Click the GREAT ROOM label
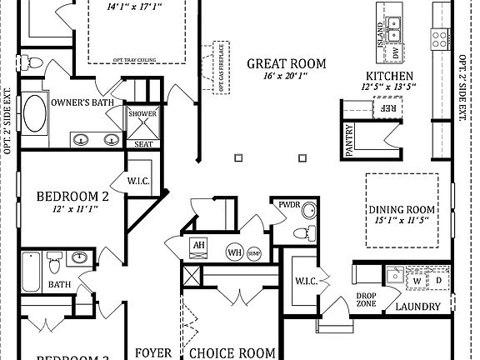point(285,63)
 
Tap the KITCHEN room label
point(382,75)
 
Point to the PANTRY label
point(350,141)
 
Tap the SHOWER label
point(142,113)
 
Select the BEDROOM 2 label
point(73,197)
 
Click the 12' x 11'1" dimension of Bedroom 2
point(73,211)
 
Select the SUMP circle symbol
point(253,252)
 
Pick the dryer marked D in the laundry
point(438,281)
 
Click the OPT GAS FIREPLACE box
point(221,66)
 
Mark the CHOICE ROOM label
point(233,352)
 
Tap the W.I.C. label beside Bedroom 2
point(138,179)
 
